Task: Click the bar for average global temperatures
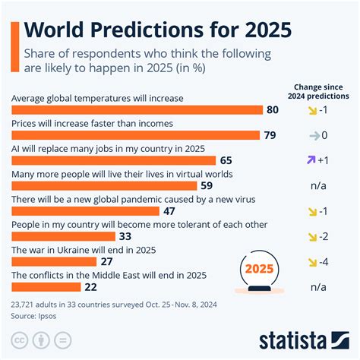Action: [x=137, y=112]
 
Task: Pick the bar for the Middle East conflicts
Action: [x=46, y=286]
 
